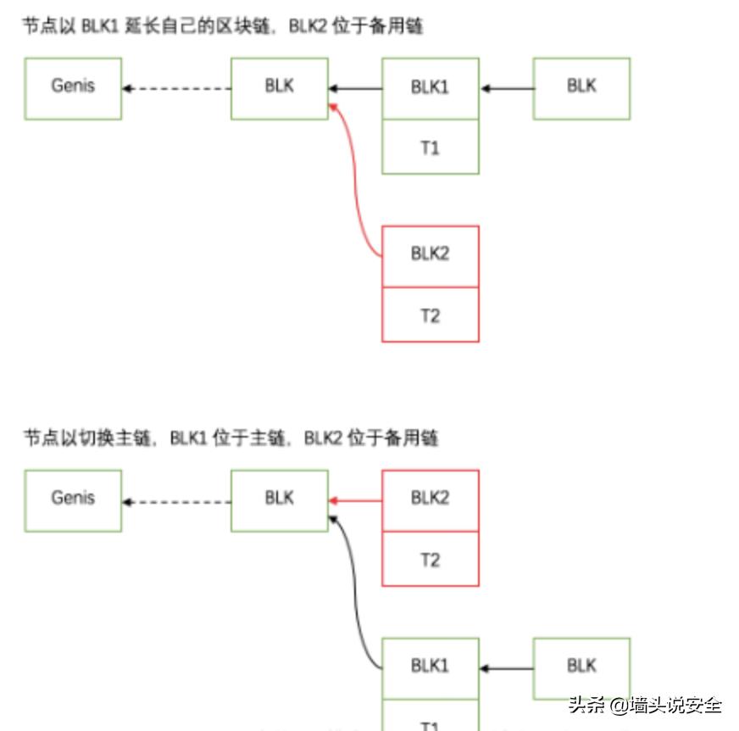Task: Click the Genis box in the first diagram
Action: pyautogui.click(x=73, y=88)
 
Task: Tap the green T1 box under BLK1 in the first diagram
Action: pyautogui.click(x=431, y=147)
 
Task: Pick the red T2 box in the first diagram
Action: pyautogui.click(x=431, y=315)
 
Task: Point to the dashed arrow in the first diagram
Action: pyautogui.click(x=176, y=88)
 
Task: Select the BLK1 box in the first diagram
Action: pyautogui.click(x=431, y=88)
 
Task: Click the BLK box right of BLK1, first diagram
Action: pyautogui.click(x=581, y=88)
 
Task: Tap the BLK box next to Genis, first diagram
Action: pyautogui.click(x=280, y=88)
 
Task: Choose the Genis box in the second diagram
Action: pyautogui.click(x=73, y=500)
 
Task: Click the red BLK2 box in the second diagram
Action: pyautogui.click(x=431, y=500)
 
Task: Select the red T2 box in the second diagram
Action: pyautogui.click(x=431, y=559)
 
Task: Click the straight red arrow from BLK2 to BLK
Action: pyautogui.click(x=355, y=501)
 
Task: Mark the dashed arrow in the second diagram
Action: pyautogui.click(x=176, y=502)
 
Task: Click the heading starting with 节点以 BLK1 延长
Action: pyautogui.click(x=223, y=26)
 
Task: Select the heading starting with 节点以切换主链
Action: pyautogui.click(x=231, y=438)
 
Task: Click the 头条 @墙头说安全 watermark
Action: pyautogui.click(x=645, y=705)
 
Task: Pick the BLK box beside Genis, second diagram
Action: pyautogui.click(x=280, y=500)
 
